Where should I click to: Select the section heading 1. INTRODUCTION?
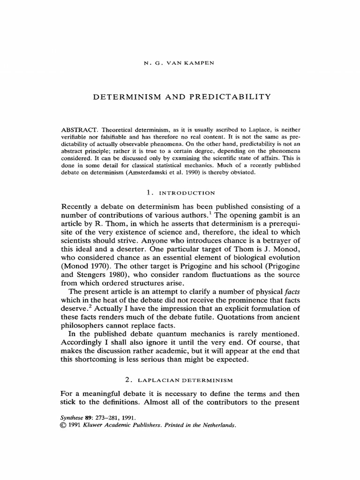click(x=180, y=193)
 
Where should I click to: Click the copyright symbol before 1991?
click(x=65, y=426)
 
